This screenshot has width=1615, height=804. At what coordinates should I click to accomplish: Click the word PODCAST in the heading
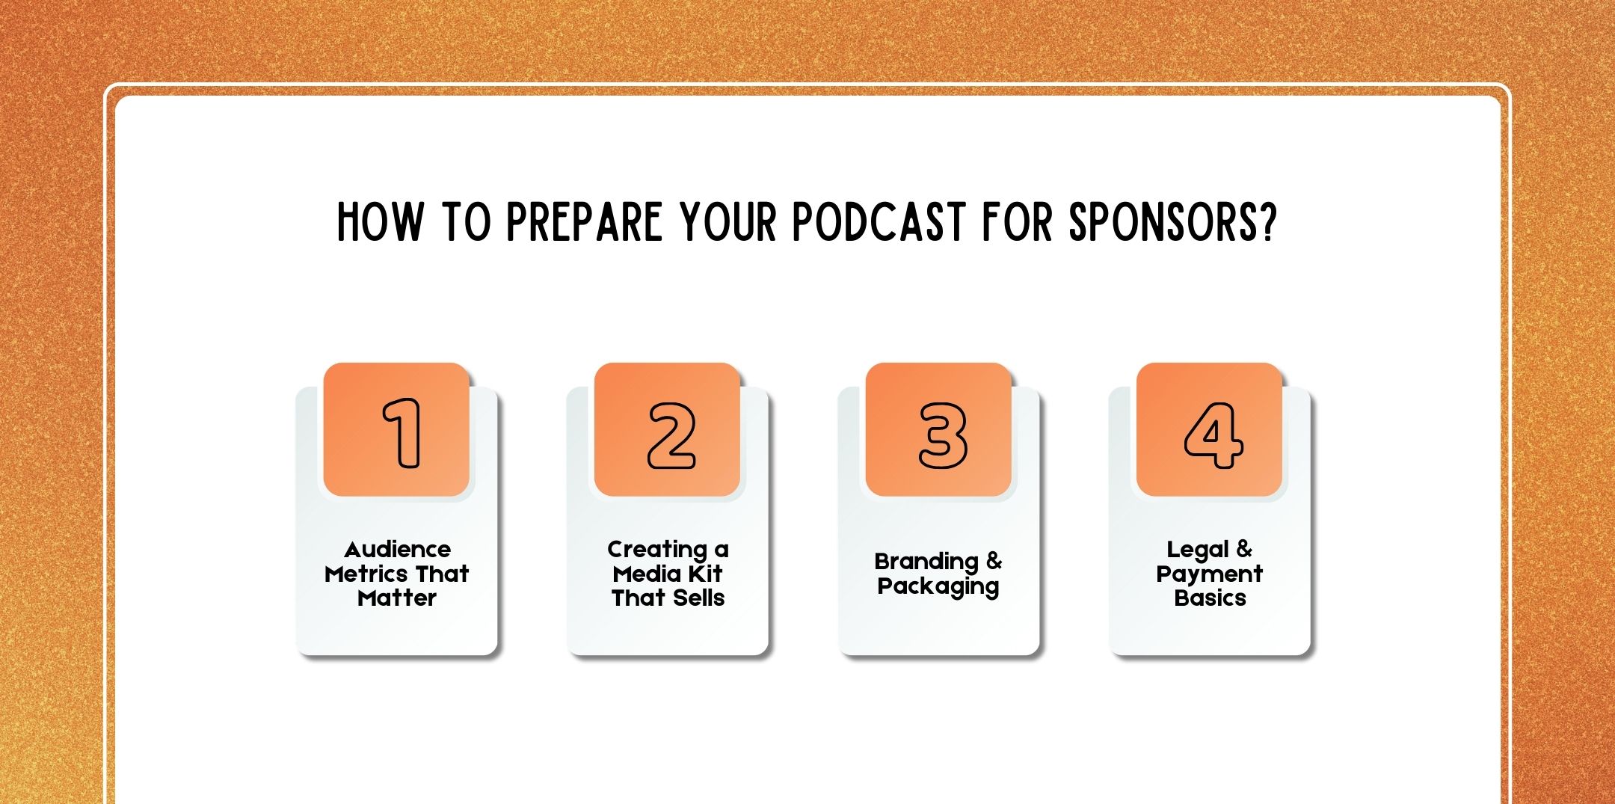(x=879, y=222)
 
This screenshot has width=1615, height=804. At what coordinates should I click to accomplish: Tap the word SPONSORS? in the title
(x=1172, y=222)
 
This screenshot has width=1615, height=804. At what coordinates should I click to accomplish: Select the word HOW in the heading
(x=380, y=222)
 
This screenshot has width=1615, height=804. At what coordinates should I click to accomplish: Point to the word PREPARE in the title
(x=584, y=222)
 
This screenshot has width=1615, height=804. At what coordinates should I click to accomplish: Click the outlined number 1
(x=402, y=433)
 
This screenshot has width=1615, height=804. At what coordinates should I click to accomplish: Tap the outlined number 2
(x=671, y=435)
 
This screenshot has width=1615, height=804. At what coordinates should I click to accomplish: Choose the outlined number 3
(x=942, y=435)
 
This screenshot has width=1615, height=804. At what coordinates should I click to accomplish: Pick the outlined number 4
(x=1213, y=435)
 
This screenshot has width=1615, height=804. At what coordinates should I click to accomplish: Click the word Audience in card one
(x=397, y=550)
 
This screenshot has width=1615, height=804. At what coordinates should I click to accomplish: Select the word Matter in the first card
(x=397, y=598)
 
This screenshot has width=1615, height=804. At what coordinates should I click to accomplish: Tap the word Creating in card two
(x=656, y=550)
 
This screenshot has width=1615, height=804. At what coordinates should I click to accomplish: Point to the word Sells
(x=699, y=598)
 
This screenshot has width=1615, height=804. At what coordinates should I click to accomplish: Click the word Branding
(x=926, y=562)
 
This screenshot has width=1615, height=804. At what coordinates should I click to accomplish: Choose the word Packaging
(x=938, y=586)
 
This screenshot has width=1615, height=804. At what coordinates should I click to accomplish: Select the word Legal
(x=1198, y=550)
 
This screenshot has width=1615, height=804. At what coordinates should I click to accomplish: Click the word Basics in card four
(x=1210, y=598)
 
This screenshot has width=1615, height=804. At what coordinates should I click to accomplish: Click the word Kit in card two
(x=706, y=574)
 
